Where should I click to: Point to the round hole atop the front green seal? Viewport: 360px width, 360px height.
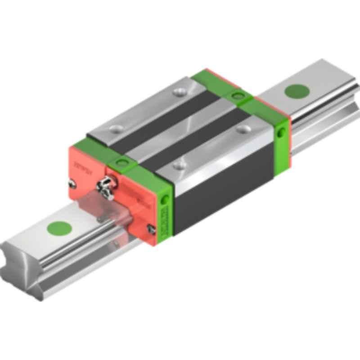point(120,161)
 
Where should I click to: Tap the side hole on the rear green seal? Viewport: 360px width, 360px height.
point(283,132)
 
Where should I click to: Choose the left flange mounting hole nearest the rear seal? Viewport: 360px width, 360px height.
point(181,93)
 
